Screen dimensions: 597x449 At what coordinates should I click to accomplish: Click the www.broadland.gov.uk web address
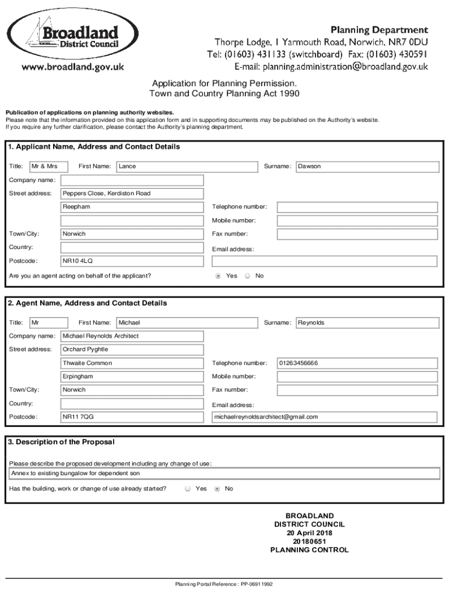click(x=73, y=67)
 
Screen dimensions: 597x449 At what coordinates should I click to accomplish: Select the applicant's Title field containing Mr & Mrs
click(x=49, y=167)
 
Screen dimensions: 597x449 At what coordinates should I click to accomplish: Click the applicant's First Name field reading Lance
click(x=187, y=167)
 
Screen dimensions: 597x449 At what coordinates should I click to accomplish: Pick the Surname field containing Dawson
click(x=367, y=167)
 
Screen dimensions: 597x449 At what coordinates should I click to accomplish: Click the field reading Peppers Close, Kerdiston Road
click(x=132, y=194)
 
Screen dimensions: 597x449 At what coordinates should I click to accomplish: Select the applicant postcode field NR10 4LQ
click(x=132, y=261)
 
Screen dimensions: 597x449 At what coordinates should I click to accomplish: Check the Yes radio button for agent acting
click(x=218, y=276)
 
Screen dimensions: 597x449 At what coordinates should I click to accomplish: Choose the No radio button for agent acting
click(x=247, y=276)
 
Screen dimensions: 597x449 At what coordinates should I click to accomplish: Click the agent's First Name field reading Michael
click(x=187, y=323)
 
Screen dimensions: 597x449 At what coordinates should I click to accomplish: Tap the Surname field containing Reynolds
click(x=367, y=323)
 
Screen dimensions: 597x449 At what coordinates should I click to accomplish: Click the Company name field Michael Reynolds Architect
click(x=132, y=336)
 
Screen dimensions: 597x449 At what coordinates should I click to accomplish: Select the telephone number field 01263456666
click(x=357, y=363)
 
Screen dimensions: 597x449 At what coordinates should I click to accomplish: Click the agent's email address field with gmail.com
click(x=324, y=417)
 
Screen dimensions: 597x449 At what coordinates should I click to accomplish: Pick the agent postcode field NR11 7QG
click(x=132, y=417)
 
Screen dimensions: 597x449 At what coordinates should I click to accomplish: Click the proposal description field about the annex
click(x=224, y=473)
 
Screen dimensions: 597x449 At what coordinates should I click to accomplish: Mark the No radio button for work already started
click(x=217, y=489)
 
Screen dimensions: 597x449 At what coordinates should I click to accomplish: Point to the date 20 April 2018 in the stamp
click(x=309, y=533)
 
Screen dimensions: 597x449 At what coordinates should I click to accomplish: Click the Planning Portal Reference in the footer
click(x=224, y=584)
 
